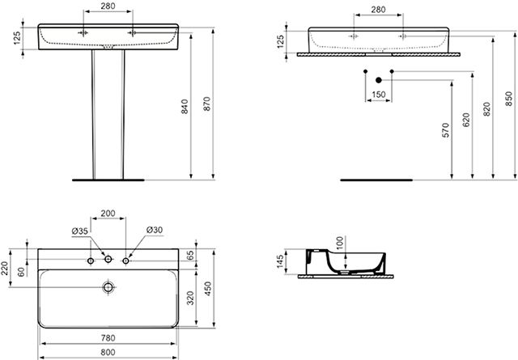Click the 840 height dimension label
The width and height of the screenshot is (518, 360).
185,106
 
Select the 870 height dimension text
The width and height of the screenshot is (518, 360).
207,104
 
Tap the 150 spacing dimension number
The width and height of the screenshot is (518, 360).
378,95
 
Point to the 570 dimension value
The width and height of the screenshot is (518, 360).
446,130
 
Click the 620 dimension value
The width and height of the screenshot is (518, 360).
466,120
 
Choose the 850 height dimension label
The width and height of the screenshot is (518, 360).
509,99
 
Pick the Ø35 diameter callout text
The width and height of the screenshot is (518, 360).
80,231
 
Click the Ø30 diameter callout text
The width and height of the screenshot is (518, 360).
155,230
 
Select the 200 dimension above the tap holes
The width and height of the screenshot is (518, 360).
108,214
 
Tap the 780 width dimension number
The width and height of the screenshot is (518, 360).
108,338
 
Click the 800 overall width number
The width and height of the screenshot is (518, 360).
108,352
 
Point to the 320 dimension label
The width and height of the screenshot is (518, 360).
191,299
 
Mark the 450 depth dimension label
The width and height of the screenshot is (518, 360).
208,288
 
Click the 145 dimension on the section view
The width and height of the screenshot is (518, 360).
280,261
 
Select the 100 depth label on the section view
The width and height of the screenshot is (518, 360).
339,244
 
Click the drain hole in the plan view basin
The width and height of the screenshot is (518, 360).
108,287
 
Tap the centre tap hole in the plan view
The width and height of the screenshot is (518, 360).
108,259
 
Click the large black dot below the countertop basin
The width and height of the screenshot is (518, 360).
379,80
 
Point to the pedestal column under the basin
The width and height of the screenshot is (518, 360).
108,114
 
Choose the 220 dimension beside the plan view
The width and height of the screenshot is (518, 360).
5,269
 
